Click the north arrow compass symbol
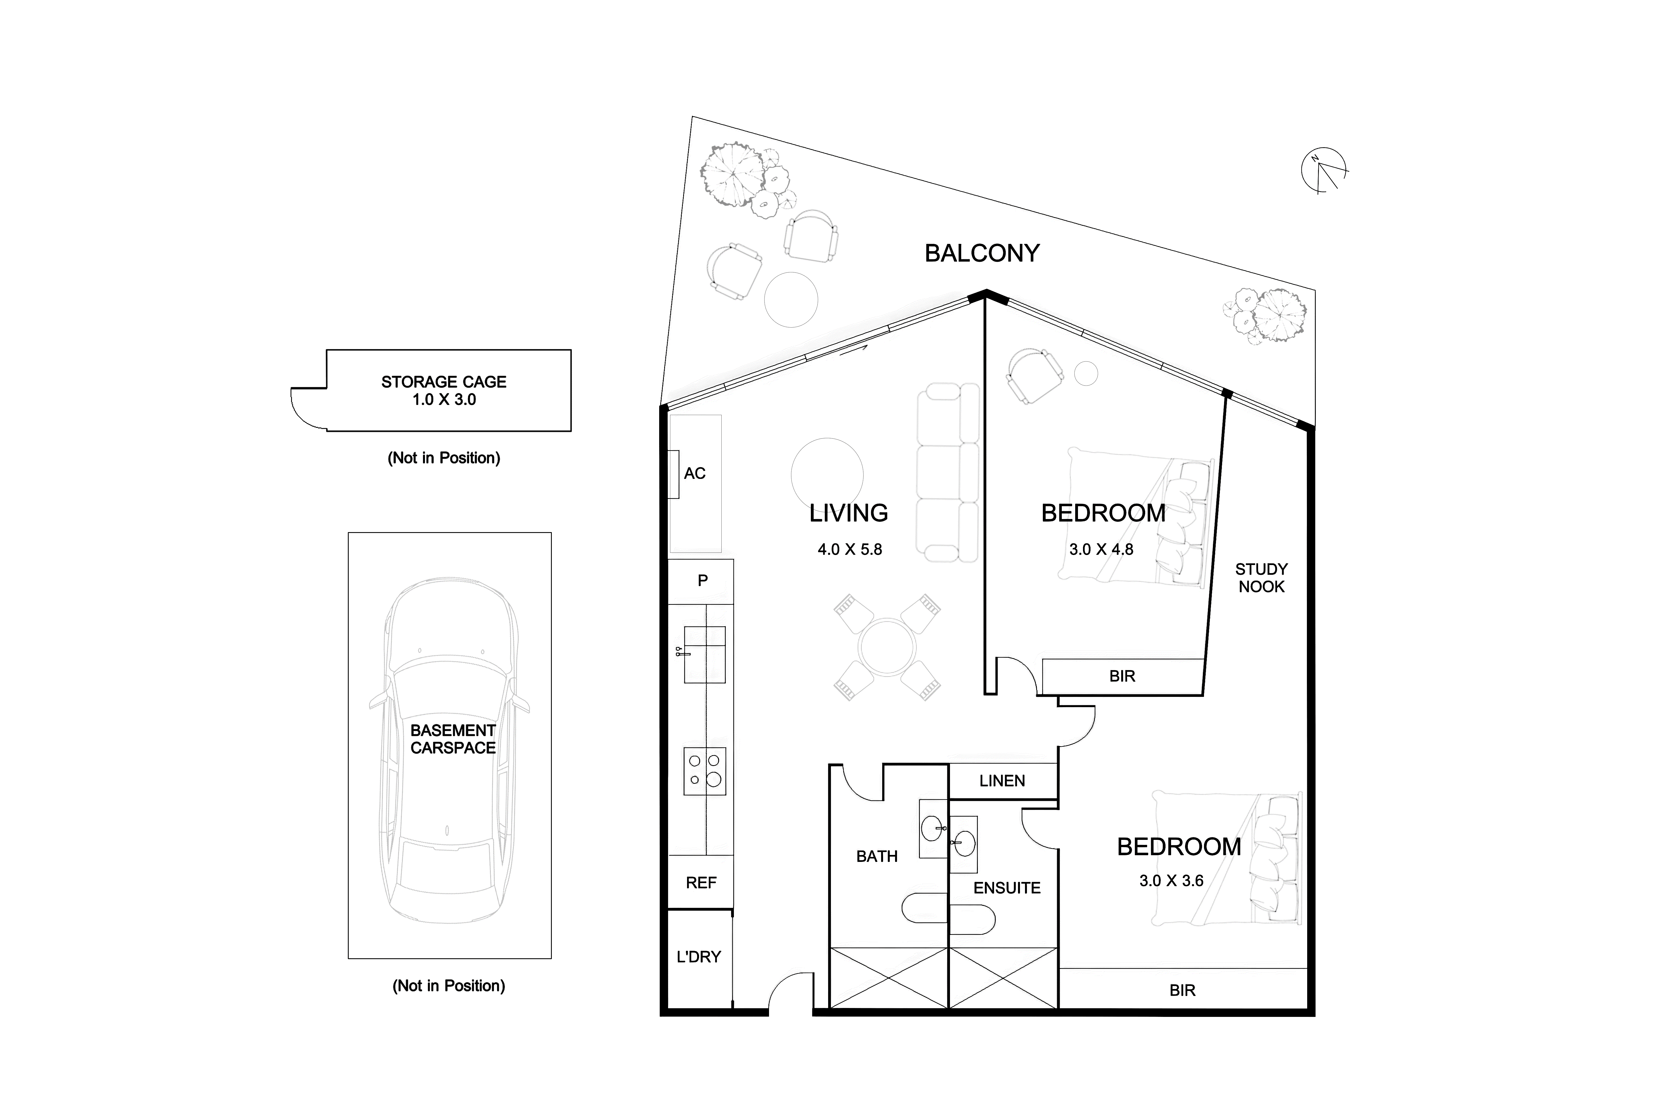[x=1324, y=171]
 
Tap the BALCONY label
[x=981, y=253]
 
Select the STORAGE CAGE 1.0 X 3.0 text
[x=444, y=391]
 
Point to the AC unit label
[x=694, y=474]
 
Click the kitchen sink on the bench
[x=704, y=654]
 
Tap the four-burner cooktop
[x=704, y=771]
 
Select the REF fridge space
[x=701, y=883]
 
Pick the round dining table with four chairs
[x=886, y=647]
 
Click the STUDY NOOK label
[x=1261, y=578]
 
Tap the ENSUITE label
[x=1007, y=888]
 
